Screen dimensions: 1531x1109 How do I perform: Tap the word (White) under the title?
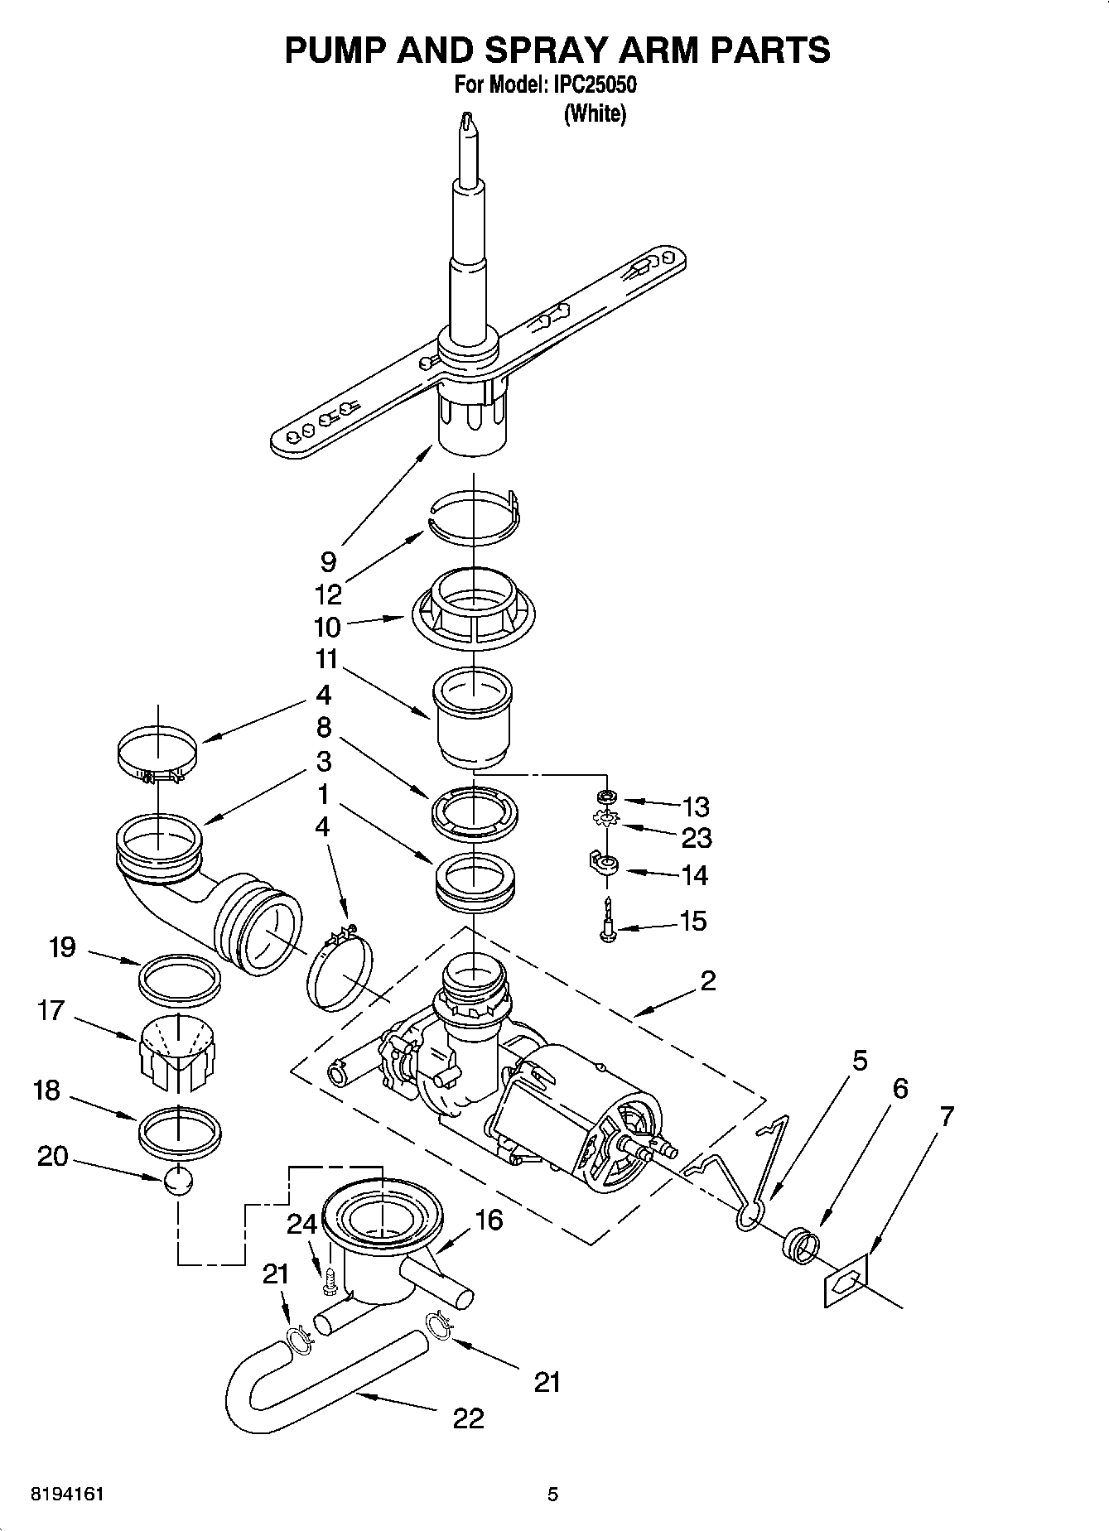595,113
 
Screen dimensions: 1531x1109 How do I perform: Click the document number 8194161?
66,1495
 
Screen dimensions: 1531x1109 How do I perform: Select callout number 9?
328,562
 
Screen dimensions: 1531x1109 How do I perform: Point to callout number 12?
328,595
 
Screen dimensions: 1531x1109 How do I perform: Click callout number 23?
696,838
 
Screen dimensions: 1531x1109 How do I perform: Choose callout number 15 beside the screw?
692,921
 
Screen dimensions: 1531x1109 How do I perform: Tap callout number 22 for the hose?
468,1419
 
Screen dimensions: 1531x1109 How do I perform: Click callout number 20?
52,1156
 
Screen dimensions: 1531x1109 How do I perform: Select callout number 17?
51,1010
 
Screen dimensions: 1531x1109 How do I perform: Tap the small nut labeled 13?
607,797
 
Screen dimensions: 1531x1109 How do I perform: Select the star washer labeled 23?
607,820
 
